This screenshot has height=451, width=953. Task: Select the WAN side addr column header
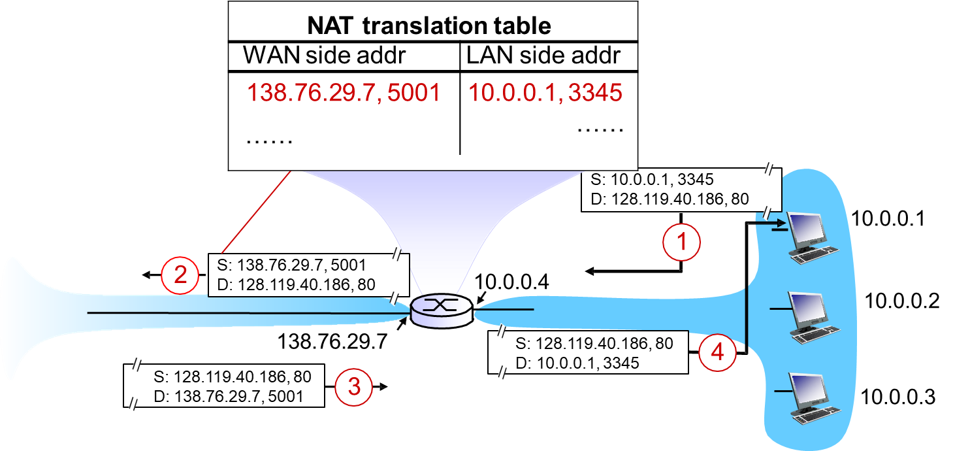click(x=325, y=56)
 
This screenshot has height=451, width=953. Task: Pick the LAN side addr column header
click(x=543, y=56)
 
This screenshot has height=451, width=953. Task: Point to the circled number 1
click(x=681, y=243)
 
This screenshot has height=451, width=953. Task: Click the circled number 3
click(x=353, y=387)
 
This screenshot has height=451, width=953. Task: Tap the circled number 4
click(x=717, y=353)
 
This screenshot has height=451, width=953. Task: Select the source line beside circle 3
click(x=231, y=377)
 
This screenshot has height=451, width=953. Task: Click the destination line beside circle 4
click(x=577, y=361)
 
